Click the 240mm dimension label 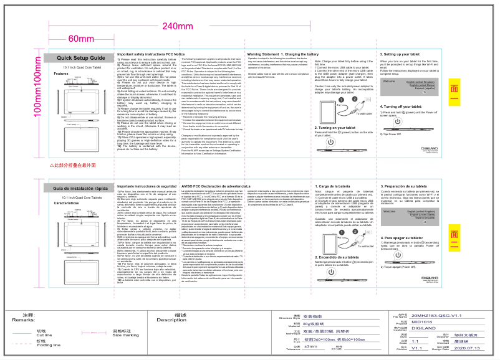click(x=178, y=26)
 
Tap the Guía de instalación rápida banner click(x=78, y=188)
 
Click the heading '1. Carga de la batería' click(x=334, y=186)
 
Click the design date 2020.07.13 click(x=445, y=348)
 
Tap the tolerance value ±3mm click(x=310, y=346)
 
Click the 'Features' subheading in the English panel click(x=60, y=73)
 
